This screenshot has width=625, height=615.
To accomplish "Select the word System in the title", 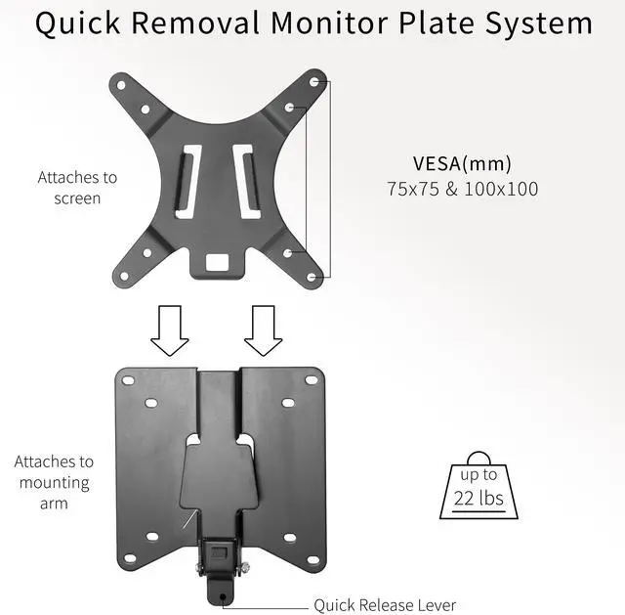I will [531, 24].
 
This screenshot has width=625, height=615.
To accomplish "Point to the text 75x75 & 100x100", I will [462, 189].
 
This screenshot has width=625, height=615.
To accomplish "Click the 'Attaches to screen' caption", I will [77, 188].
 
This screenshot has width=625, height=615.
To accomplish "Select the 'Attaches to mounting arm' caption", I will [54, 482].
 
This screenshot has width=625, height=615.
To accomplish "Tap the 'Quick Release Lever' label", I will [385, 605].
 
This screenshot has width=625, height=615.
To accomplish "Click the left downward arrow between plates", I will [170, 329].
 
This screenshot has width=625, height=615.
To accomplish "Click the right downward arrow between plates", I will [262, 329].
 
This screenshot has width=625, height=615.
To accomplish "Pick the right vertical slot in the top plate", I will [244, 182].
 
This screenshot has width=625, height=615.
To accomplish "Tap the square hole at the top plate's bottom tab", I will [217, 262].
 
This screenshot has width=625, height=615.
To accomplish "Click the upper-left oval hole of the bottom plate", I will [150, 403].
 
